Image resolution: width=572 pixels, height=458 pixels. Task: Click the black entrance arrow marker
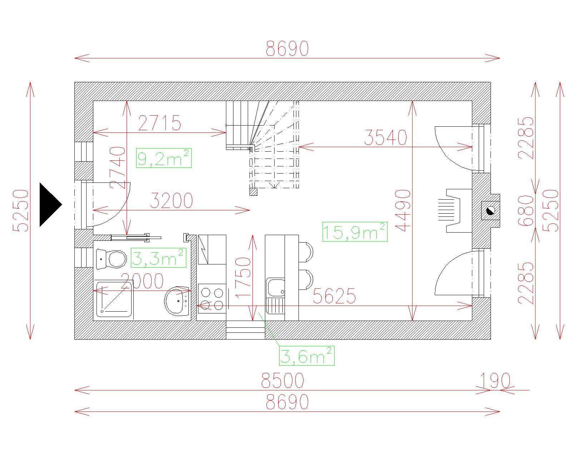[50, 205]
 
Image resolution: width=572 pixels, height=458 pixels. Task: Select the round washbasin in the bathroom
[177, 301]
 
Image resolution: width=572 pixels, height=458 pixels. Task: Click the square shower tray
[114, 299]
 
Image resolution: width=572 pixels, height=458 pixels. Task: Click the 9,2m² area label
[164, 158]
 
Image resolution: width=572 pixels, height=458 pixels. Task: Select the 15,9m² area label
[355, 232]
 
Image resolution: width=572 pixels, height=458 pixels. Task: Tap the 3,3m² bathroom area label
[158, 258]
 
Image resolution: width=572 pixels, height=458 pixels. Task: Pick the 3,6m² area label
[307, 356]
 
